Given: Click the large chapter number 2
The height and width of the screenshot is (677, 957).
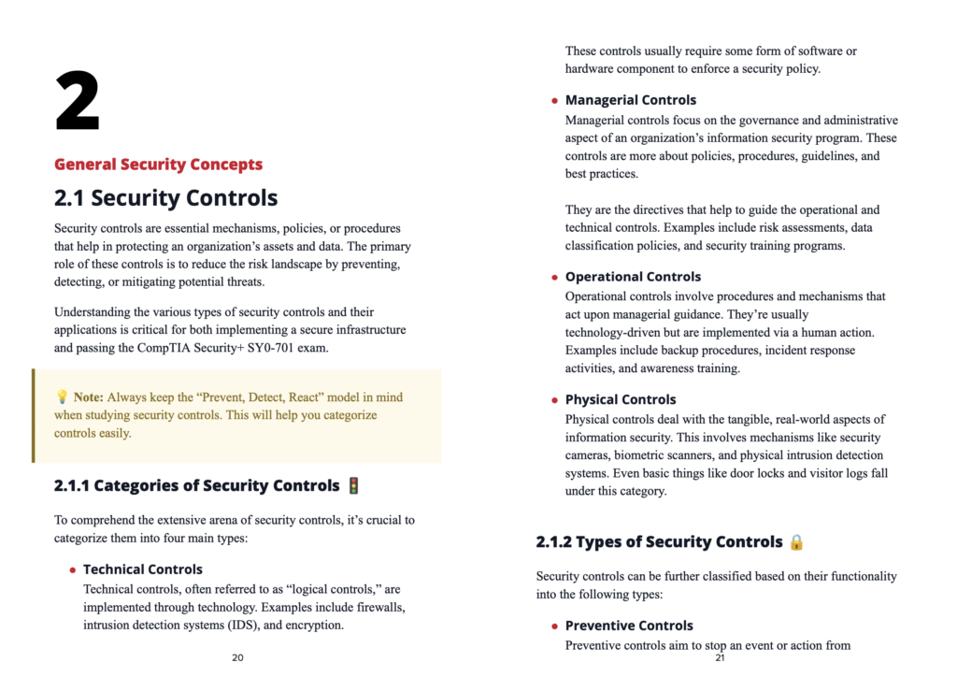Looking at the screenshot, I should click(x=78, y=102).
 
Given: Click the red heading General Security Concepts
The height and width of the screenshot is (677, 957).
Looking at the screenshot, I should click(x=158, y=165).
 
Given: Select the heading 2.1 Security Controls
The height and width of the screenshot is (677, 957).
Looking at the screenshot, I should click(x=165, y=198).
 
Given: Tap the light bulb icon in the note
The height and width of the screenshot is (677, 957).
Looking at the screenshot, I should click(x=62, y=397).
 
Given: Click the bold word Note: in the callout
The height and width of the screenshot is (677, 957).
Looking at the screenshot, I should click(x=89, y=397).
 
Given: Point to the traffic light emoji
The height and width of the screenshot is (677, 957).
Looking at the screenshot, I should click(x=353, y=485).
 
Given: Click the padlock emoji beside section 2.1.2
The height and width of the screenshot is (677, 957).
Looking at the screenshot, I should click(x=796, y=542).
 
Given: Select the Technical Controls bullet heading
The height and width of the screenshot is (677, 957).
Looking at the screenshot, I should click(x=142, y=569).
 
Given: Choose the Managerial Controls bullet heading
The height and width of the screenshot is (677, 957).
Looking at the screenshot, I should click(x=630, y=100).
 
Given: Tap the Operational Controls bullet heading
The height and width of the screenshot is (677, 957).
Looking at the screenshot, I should click(x=633, y=277).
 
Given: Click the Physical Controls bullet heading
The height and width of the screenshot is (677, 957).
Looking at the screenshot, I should click(x=620, y=399).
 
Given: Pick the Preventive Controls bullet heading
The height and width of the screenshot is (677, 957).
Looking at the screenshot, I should click(x=629, y=626).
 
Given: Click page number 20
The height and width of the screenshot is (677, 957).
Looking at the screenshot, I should click(x=237, y=658).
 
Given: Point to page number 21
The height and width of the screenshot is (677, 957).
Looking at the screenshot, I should click(x=720, y=658).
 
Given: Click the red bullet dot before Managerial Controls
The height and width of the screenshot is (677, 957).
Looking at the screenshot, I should click(x=554, y=101).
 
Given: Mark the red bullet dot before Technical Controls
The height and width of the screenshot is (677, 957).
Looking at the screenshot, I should click(x=72, y=570).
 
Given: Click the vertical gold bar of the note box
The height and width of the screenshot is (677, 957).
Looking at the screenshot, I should click(x=34, y=415).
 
